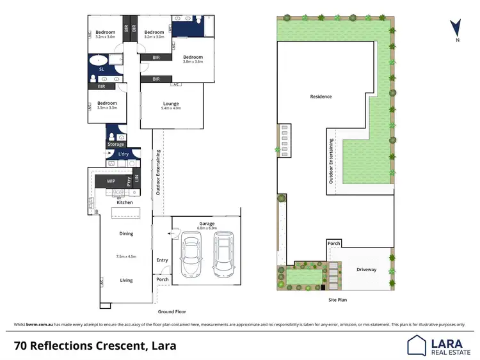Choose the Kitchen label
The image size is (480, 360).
click(125, 202)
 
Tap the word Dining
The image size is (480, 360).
click(126, 233)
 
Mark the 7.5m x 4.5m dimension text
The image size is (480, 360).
click(126, 256)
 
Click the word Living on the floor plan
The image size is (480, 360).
click(126, 280)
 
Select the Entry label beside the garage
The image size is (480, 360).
click(162, 260)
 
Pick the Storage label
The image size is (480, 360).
click(116, 145)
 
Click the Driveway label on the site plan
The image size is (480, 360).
click(367, 269)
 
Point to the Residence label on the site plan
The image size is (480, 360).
click(321, 97)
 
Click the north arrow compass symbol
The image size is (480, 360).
click(454, 28)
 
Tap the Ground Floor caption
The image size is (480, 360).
click(172, 311)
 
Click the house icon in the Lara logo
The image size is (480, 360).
click(417, 345)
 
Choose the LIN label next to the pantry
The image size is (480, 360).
click(136, 182)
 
